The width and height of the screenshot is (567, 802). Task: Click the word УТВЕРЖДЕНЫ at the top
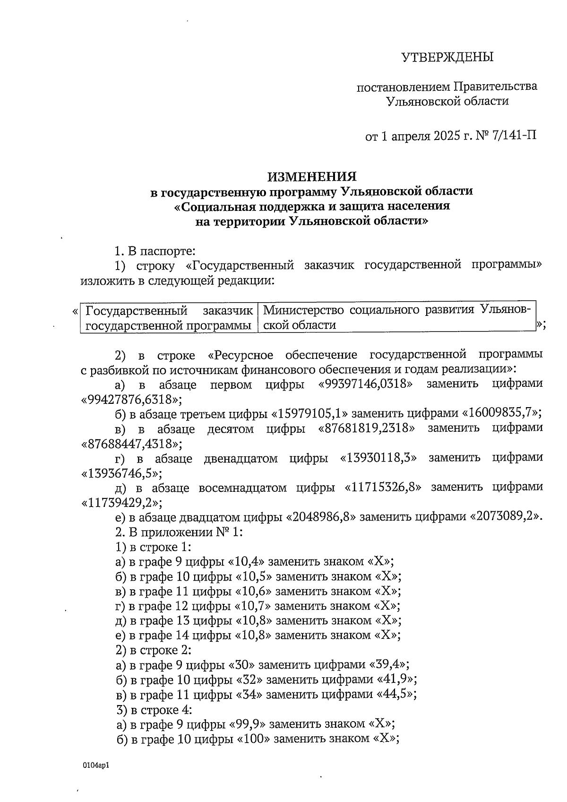click(x=447, y=57)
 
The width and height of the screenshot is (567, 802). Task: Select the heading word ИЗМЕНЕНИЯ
click(x=312, y=176)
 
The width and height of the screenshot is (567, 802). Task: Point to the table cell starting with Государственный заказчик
click(x=169, y=317)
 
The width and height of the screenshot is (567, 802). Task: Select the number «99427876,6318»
click(x=131, y=399)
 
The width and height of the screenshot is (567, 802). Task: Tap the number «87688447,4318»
click(x=131, y=443)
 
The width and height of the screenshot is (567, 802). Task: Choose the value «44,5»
click(x=396, y=694)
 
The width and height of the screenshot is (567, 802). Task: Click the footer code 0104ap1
click(x=96, y=765)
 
